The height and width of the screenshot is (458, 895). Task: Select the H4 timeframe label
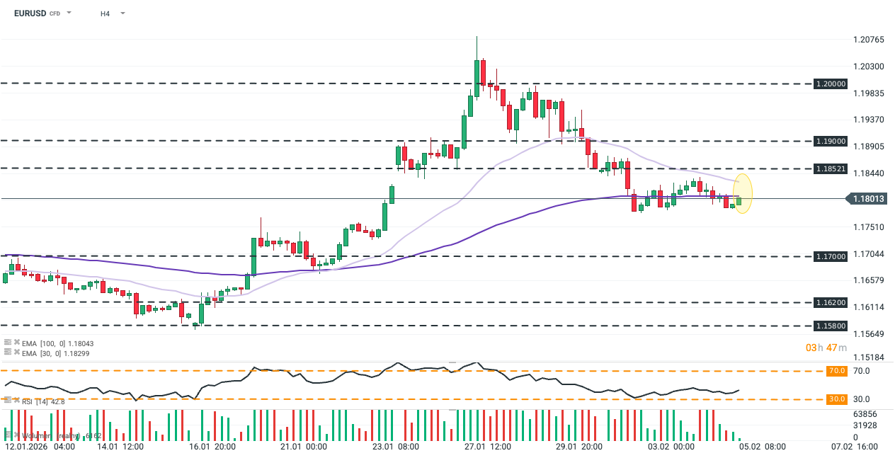point(105,13)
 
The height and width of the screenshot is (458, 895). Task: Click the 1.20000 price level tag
point(831,84)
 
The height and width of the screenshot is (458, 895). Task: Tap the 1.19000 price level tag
point(831,141)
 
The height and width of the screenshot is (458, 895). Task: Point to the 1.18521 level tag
point(831,168)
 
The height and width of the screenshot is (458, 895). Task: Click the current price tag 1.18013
point(868,199)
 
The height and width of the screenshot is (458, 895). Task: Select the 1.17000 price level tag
point(831,256)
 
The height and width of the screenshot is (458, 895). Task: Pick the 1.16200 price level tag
point(831,302)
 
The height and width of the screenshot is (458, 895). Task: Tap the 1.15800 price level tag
point(831,326)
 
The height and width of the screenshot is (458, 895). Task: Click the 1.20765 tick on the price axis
point(870,40)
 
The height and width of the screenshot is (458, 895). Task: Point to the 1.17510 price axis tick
point(870,227)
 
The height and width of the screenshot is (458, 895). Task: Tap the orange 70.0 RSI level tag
point(837,370)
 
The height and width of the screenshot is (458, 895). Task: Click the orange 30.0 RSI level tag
point(837,399)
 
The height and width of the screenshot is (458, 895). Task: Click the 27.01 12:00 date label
point(489,447)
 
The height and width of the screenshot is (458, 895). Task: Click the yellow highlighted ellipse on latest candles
point(742,193)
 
